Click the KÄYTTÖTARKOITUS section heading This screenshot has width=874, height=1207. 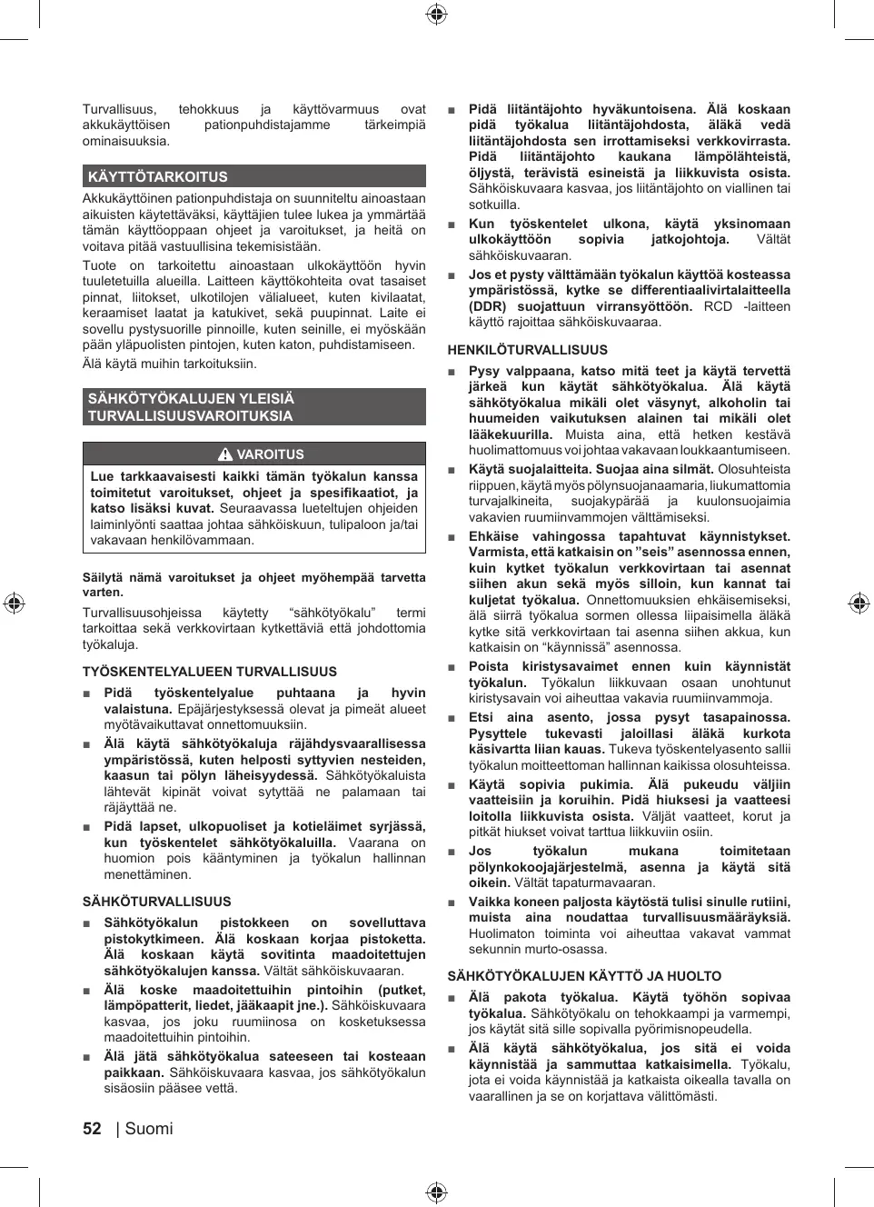(x=158, y=177)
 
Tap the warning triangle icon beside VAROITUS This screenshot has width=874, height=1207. (x=225, y=454)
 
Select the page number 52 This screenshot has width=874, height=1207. (x=92, y=1129)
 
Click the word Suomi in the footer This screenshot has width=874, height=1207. (x=149, y=1129)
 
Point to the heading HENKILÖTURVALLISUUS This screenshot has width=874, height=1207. (x=528, y=350)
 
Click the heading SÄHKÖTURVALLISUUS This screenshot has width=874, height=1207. (x=157, y=902)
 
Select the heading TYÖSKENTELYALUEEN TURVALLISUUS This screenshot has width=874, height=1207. (x=210, y=672)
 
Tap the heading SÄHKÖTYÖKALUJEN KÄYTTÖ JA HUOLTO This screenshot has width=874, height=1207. (x=584, y=976)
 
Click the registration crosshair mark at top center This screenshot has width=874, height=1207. (x=436, y=14)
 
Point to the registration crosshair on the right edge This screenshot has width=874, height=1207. (x=859, y=603)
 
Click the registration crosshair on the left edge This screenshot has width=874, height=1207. (x=14, y=603)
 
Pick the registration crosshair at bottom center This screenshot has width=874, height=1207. (x=436, y=1192)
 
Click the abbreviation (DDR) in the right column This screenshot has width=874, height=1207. (x=488, y=306)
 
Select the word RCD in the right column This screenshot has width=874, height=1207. (x=718, y=306)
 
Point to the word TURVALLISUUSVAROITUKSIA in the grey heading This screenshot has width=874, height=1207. (x=190, y=416)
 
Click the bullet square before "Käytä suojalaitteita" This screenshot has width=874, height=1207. (x=452, y=470)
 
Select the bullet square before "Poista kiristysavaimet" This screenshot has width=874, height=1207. (x=452, y=667)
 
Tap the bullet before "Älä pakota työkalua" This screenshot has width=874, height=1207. (x=452, y=998)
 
